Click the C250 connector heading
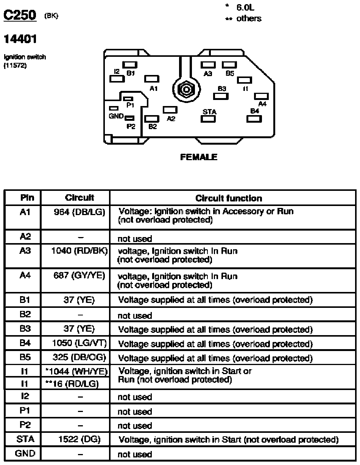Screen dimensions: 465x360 point(20,16)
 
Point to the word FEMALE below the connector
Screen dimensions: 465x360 point(199,157)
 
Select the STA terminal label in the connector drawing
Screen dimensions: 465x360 point(209,112)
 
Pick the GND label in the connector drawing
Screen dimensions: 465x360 point(116,116)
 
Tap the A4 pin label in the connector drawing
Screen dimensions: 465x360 point(262,104)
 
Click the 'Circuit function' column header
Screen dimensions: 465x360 point(229,198)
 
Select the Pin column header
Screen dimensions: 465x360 point(27,198)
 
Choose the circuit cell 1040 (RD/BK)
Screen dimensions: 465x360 point(79,251)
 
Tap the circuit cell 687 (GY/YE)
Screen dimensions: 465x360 point(79,276)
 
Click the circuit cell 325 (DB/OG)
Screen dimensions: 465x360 point(79,358)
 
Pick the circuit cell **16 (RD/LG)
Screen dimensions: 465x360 point(72,384)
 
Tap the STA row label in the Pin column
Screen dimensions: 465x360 point(26,440)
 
